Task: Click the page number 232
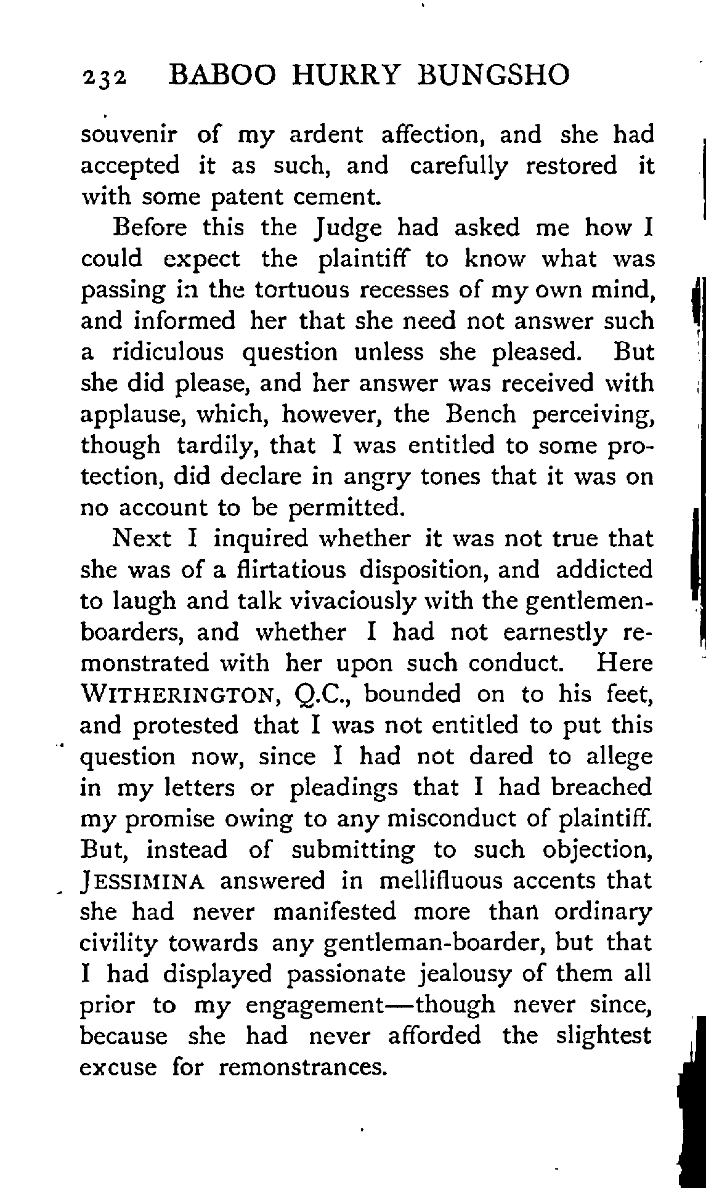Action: (104, 78)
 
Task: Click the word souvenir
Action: (130, 135)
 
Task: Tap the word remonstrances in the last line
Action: (302, 1067)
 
